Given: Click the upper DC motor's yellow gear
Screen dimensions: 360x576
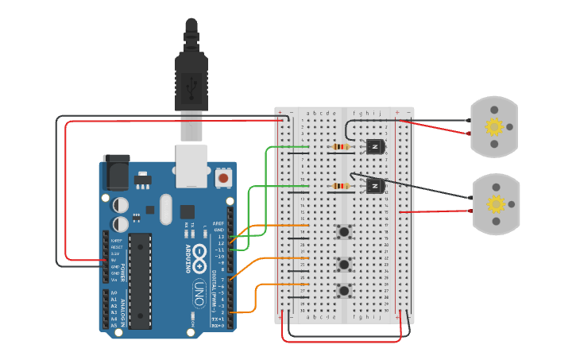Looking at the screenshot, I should (x=494, y=126).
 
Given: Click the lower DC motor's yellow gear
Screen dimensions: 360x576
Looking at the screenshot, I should (x=497, y=204).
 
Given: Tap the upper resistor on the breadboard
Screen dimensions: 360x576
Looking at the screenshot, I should (x=342, y=147).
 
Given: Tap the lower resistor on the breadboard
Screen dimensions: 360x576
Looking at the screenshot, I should (x=342, y=187).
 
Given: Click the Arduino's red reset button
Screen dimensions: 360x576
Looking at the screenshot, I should (x=224, y=178).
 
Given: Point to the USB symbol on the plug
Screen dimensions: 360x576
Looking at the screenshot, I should (x=191, y=81).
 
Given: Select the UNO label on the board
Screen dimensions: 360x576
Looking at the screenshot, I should (x=199, y=290).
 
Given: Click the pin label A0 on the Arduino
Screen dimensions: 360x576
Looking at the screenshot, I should (x=113, y=293).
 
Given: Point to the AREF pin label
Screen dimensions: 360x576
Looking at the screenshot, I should (x=219, y=223).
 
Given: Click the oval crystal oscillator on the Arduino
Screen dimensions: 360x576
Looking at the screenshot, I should (x=165, y=210).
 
